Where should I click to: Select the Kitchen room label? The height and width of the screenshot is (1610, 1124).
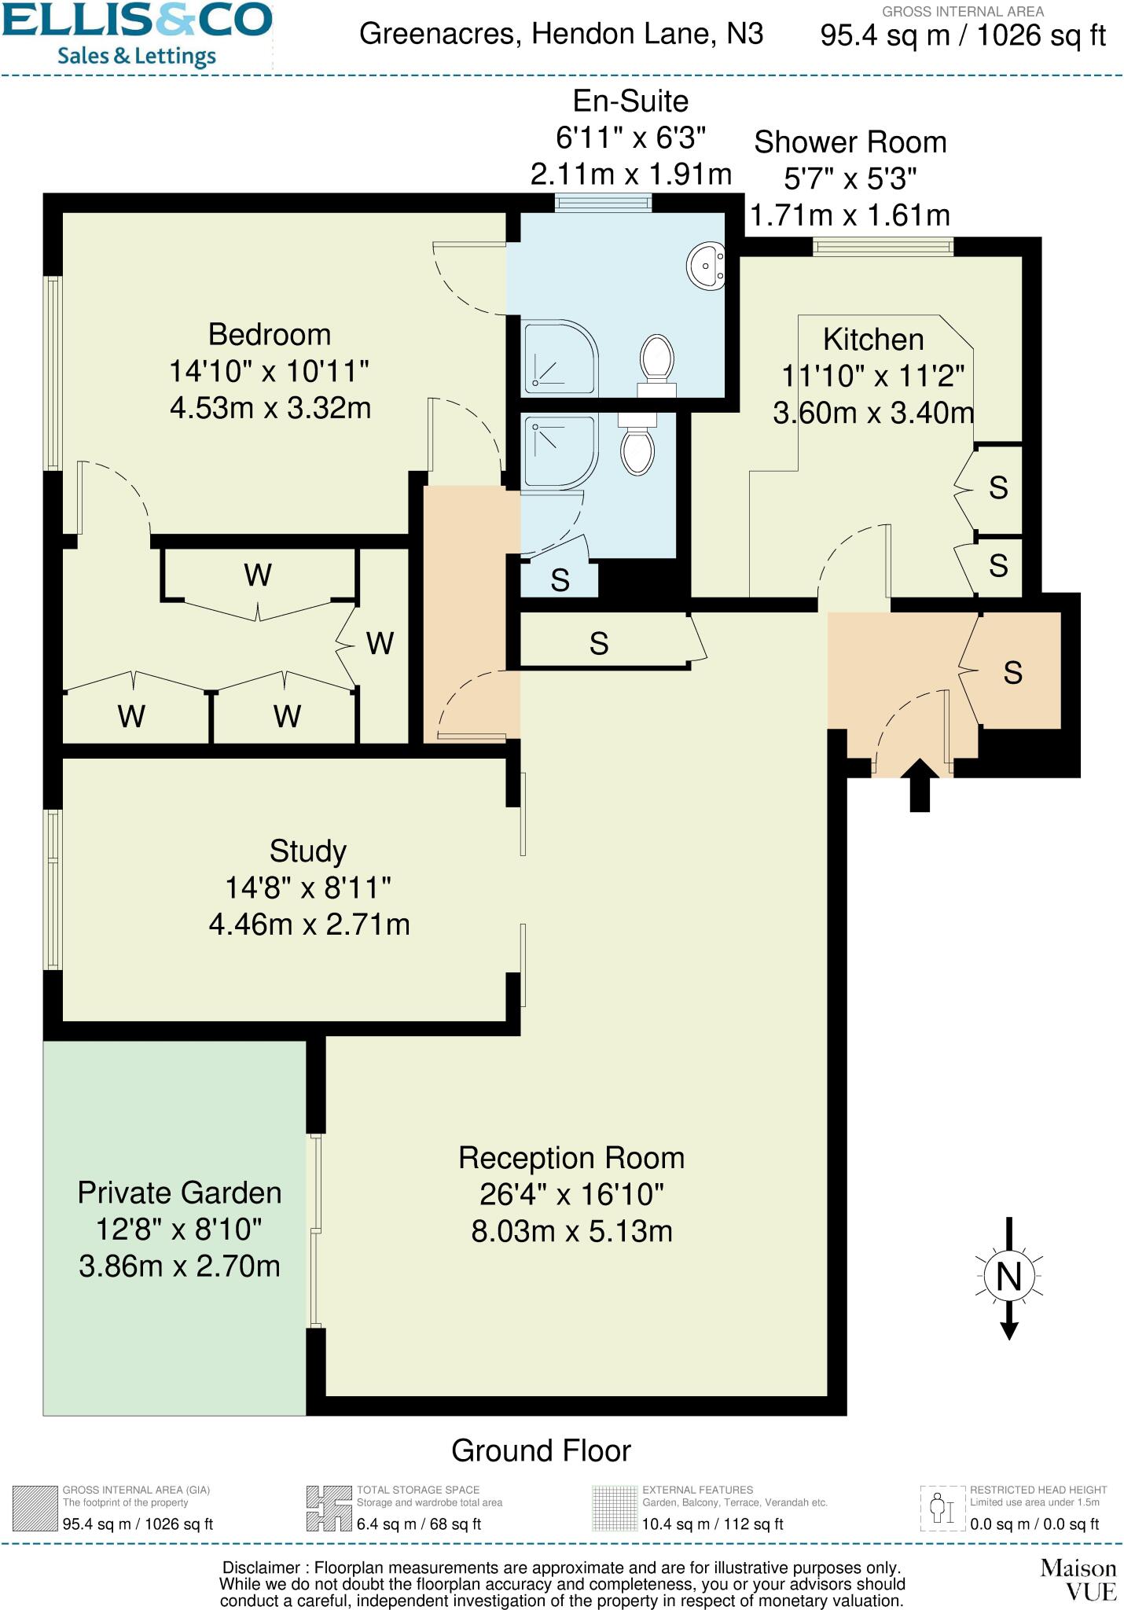872,340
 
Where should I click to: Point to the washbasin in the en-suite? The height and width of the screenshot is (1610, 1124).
707,266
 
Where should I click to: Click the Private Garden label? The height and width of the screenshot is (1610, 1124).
179,1193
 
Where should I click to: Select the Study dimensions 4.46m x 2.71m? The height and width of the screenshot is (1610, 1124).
309,924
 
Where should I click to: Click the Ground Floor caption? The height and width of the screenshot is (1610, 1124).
541,1450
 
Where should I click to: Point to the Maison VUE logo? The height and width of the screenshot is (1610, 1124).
1078,1580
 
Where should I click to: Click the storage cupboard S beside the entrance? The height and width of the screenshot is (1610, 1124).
1012,673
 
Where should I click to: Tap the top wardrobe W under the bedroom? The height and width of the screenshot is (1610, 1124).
258,575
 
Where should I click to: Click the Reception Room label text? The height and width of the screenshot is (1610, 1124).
571,1158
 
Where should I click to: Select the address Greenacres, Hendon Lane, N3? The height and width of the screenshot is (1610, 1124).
561,35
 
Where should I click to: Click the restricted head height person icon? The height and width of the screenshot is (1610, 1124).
942,1508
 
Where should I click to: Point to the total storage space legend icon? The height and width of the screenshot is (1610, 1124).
329,1508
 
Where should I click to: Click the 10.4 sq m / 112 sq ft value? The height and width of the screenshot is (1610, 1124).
713,1524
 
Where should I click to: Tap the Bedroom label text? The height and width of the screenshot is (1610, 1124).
270,335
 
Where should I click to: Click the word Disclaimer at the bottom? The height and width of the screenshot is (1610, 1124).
261,1568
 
